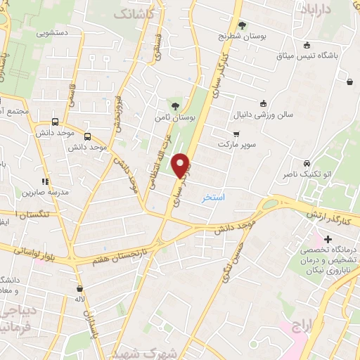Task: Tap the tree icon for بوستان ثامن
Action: (175, 105)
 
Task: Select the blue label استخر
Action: (213, 198)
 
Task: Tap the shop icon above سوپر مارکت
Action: (236, 133)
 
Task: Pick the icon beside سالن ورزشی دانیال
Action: (263, 103)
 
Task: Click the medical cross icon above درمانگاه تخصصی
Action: (328, 239)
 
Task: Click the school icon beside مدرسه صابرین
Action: (45, 181)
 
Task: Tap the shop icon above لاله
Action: (79, 288)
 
